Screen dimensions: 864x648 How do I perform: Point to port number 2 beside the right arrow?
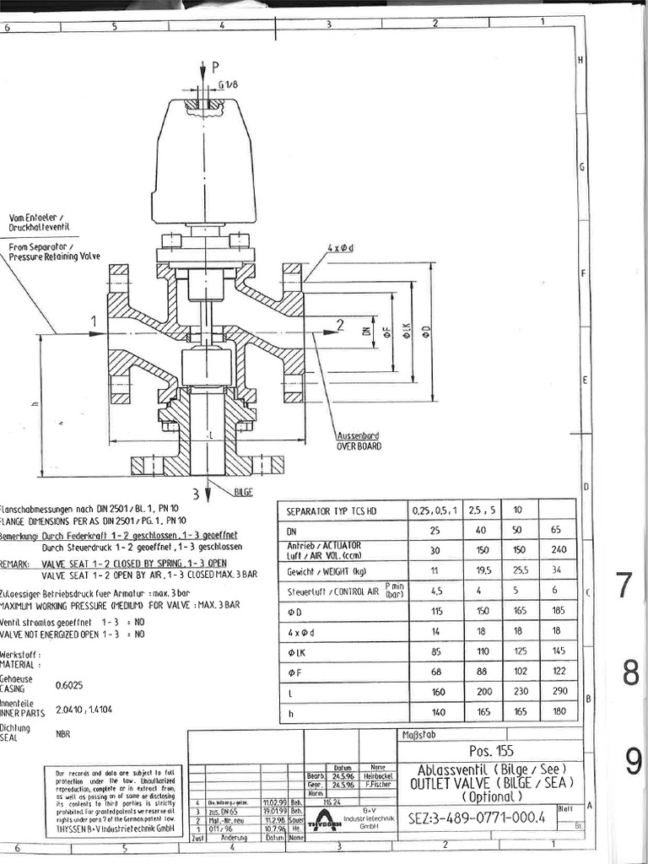340,325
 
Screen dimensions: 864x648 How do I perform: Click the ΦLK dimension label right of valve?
406,331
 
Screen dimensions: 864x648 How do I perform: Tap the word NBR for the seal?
62,734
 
